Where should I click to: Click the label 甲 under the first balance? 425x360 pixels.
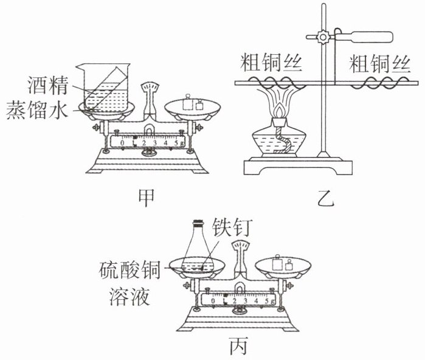(147, 198)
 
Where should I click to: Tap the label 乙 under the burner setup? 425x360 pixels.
(326, 198)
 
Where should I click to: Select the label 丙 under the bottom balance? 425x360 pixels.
(238, 346)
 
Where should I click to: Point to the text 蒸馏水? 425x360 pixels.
(37, 110)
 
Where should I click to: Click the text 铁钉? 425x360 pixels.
(232, 227)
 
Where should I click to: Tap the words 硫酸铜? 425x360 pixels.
(130, 270)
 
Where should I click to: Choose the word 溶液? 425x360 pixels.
(130, 296)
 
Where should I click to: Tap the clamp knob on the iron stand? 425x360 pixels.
(323, 36)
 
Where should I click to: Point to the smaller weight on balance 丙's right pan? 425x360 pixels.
(289, 265)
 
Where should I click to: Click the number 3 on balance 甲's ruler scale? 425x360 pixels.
(155, 142)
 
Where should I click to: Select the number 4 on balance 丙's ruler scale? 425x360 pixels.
(256, 300)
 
